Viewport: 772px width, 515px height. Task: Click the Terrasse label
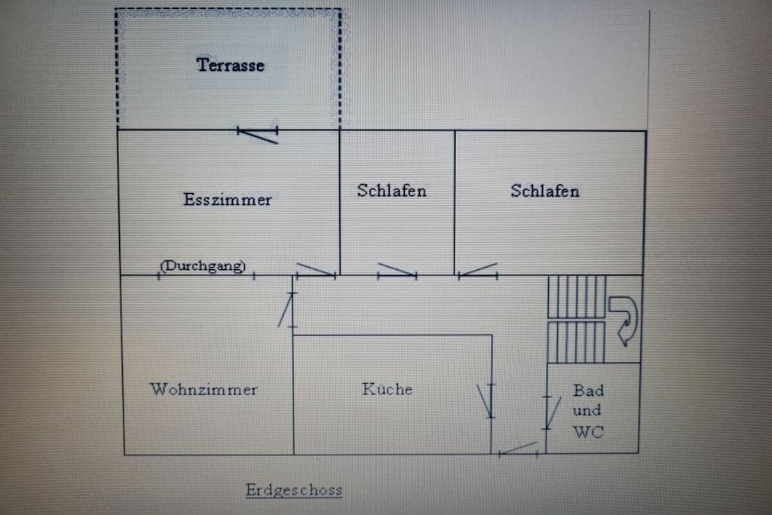click(231, 65)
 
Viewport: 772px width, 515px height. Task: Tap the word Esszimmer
click(227, 200)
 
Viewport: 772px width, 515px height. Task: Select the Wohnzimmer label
click(204, 390)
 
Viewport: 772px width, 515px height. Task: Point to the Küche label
click(387, 389)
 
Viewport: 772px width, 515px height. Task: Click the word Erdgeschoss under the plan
click(293, 490)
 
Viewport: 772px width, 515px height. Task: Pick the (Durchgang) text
click(204, 265)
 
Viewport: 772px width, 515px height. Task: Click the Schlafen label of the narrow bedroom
click(391, 191)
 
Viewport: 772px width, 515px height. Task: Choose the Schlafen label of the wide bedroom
click(544, 191)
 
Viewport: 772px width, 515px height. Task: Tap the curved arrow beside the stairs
click(623, 319)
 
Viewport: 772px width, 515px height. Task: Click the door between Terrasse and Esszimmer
click(258, 134)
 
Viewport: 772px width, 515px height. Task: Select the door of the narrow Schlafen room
click(397, 271)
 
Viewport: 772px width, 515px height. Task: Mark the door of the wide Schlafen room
click(478, 271)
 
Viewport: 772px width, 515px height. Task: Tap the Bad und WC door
click(551, 412)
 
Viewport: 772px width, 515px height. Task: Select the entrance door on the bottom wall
click(519, 449)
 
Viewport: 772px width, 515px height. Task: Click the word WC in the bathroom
click(588, 432)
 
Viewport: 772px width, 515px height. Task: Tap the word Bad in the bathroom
click(588, 391)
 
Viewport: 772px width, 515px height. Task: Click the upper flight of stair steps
click(576, 296)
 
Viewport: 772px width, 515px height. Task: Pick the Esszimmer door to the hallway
click(315, 270)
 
